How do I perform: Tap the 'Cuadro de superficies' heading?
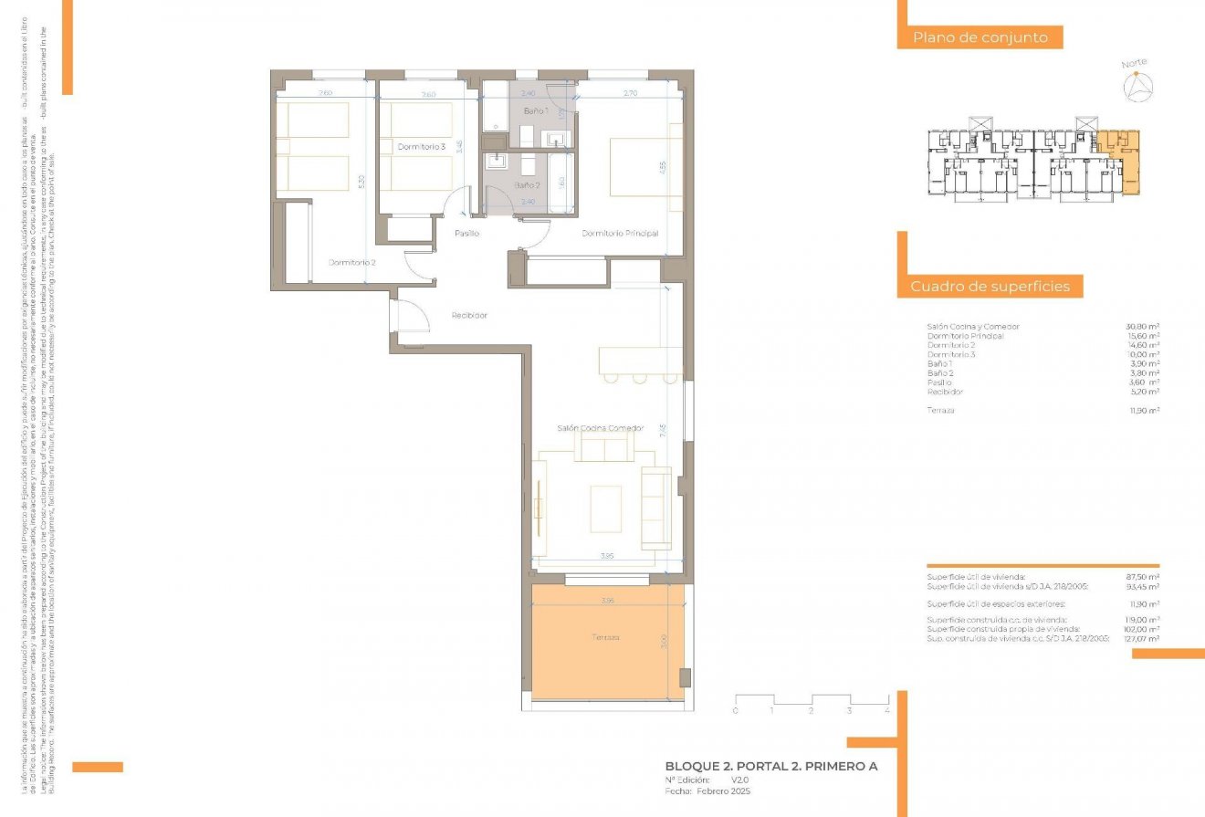[x=990, y=287]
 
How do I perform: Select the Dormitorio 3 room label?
[x=422, y=146]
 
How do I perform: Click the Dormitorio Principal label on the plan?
[x=620, y=234]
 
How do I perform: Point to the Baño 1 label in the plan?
[x=536, y=110]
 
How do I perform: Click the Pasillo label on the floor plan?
[x=467, y=234]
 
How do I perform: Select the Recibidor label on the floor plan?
[x=469, y=316]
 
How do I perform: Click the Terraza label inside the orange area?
[x=604, y=637]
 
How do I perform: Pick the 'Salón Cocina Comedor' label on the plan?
[x=600, y=427]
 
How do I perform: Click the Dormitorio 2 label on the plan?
[x=352, y=263]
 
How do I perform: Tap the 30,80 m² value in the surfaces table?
[x=1142, y=327]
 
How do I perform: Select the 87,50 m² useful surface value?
[x=1142, y=577]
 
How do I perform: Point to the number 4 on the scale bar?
[x=886, y=709]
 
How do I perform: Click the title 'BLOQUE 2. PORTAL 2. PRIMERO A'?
[x=771, y=767]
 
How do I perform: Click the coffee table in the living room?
[x=605, y=508]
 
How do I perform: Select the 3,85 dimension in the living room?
[x=606, y=555]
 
